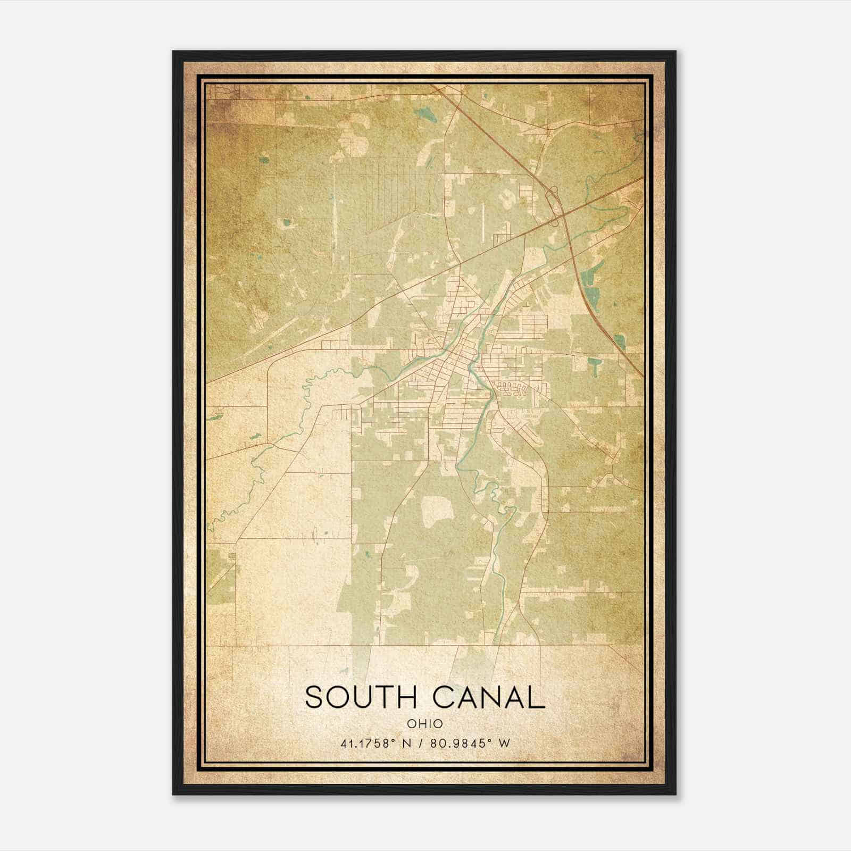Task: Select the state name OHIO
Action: point(424,724)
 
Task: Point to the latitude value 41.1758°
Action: point(365,743)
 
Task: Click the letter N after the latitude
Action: point(407,743)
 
